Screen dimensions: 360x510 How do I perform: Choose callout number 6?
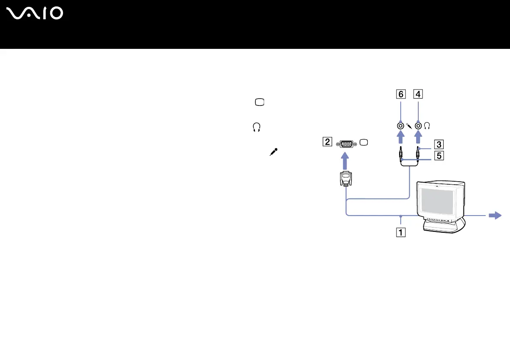[400, 94]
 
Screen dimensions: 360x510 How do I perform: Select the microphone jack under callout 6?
[401, 126]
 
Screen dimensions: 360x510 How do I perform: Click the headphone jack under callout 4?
[418, 126]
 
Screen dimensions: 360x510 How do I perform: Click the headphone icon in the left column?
[257, 127]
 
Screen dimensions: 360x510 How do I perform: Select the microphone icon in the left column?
[273, 152]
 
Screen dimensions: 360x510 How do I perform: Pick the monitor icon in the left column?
[260, 102]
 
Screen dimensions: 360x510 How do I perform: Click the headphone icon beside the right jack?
[427, 126]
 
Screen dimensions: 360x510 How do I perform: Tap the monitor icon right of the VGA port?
[364, 143]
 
